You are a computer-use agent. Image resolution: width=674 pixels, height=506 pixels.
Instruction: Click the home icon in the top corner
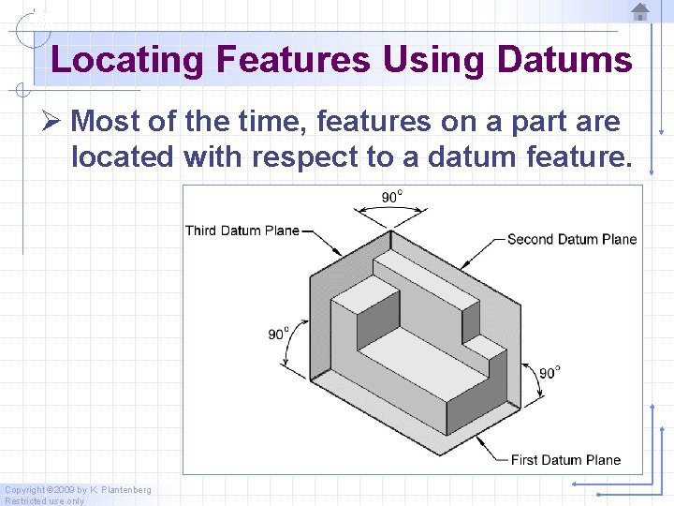[x=640, y=11]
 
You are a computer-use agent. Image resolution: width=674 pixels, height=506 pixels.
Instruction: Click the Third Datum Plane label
[x=242, y=231]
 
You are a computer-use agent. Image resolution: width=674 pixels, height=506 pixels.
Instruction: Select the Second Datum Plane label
[x=571, y=239]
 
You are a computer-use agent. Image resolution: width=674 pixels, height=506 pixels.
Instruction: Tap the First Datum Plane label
[x=565, y=459]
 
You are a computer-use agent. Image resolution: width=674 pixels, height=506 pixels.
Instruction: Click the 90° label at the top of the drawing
[x=391, y=197]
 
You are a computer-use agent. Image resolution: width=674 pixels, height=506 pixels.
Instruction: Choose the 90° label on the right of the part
[x=549, y=372]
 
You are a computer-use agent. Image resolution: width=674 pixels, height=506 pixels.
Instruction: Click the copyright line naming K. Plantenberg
[x=78, y=490]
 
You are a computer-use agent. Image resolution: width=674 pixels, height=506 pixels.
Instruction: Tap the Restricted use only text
[x=44, y=500]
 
